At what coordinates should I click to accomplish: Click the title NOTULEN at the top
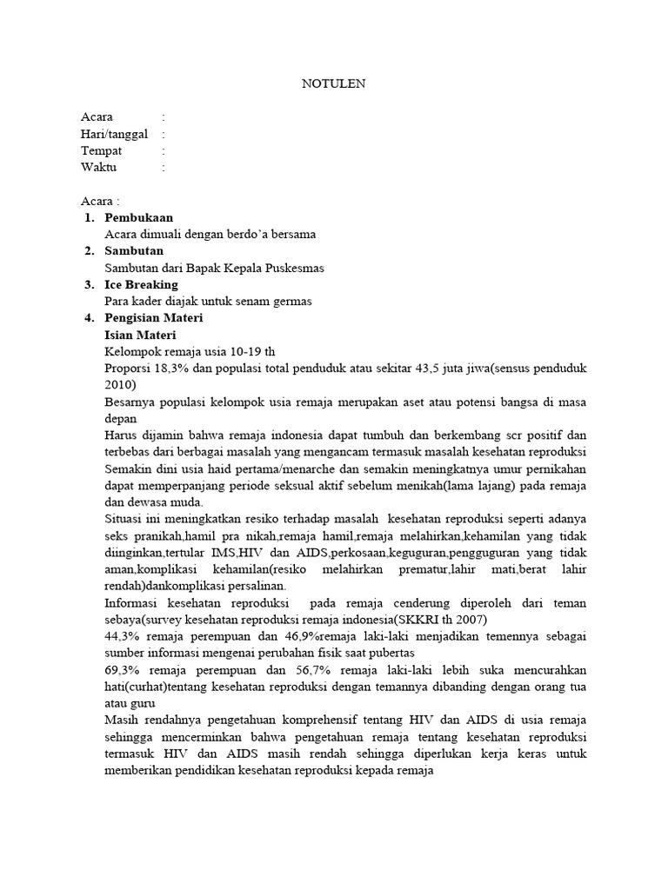pos(333,83)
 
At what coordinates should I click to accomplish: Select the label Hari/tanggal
pos(114,134)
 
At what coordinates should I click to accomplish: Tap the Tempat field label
pos(101,150)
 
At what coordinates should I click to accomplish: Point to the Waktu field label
pos(98,167)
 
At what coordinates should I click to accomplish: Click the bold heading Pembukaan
pos(138,217)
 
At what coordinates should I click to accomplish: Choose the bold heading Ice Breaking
pos(141,284)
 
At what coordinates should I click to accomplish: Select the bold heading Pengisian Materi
pos(154,318)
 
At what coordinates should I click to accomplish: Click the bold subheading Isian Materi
pos(140,335)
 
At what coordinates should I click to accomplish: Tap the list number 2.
pos(89,251)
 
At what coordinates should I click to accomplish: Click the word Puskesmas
pos(292,268)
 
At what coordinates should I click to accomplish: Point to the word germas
pos(292,301)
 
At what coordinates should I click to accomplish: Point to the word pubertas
pos(391,652)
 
